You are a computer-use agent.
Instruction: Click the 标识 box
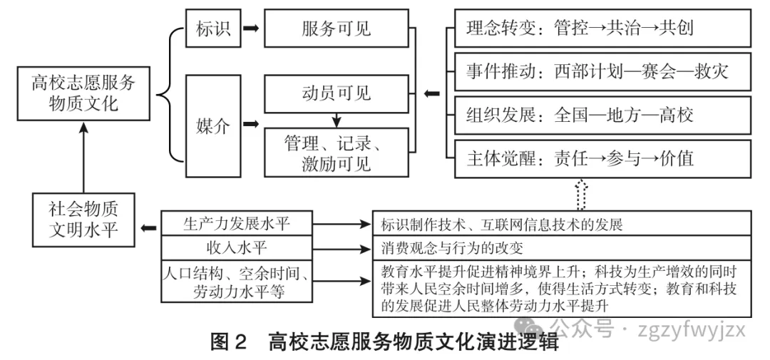click(213, 30)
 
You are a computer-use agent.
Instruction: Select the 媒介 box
click(213, 126)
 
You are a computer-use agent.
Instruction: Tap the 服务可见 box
click(337, 30)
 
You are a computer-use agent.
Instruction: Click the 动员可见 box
click(337, 93)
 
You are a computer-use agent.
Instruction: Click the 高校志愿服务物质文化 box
click(83, 93)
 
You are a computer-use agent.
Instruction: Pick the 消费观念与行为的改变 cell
click(563, 248)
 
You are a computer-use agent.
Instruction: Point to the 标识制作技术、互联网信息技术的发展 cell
click(563, 224)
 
